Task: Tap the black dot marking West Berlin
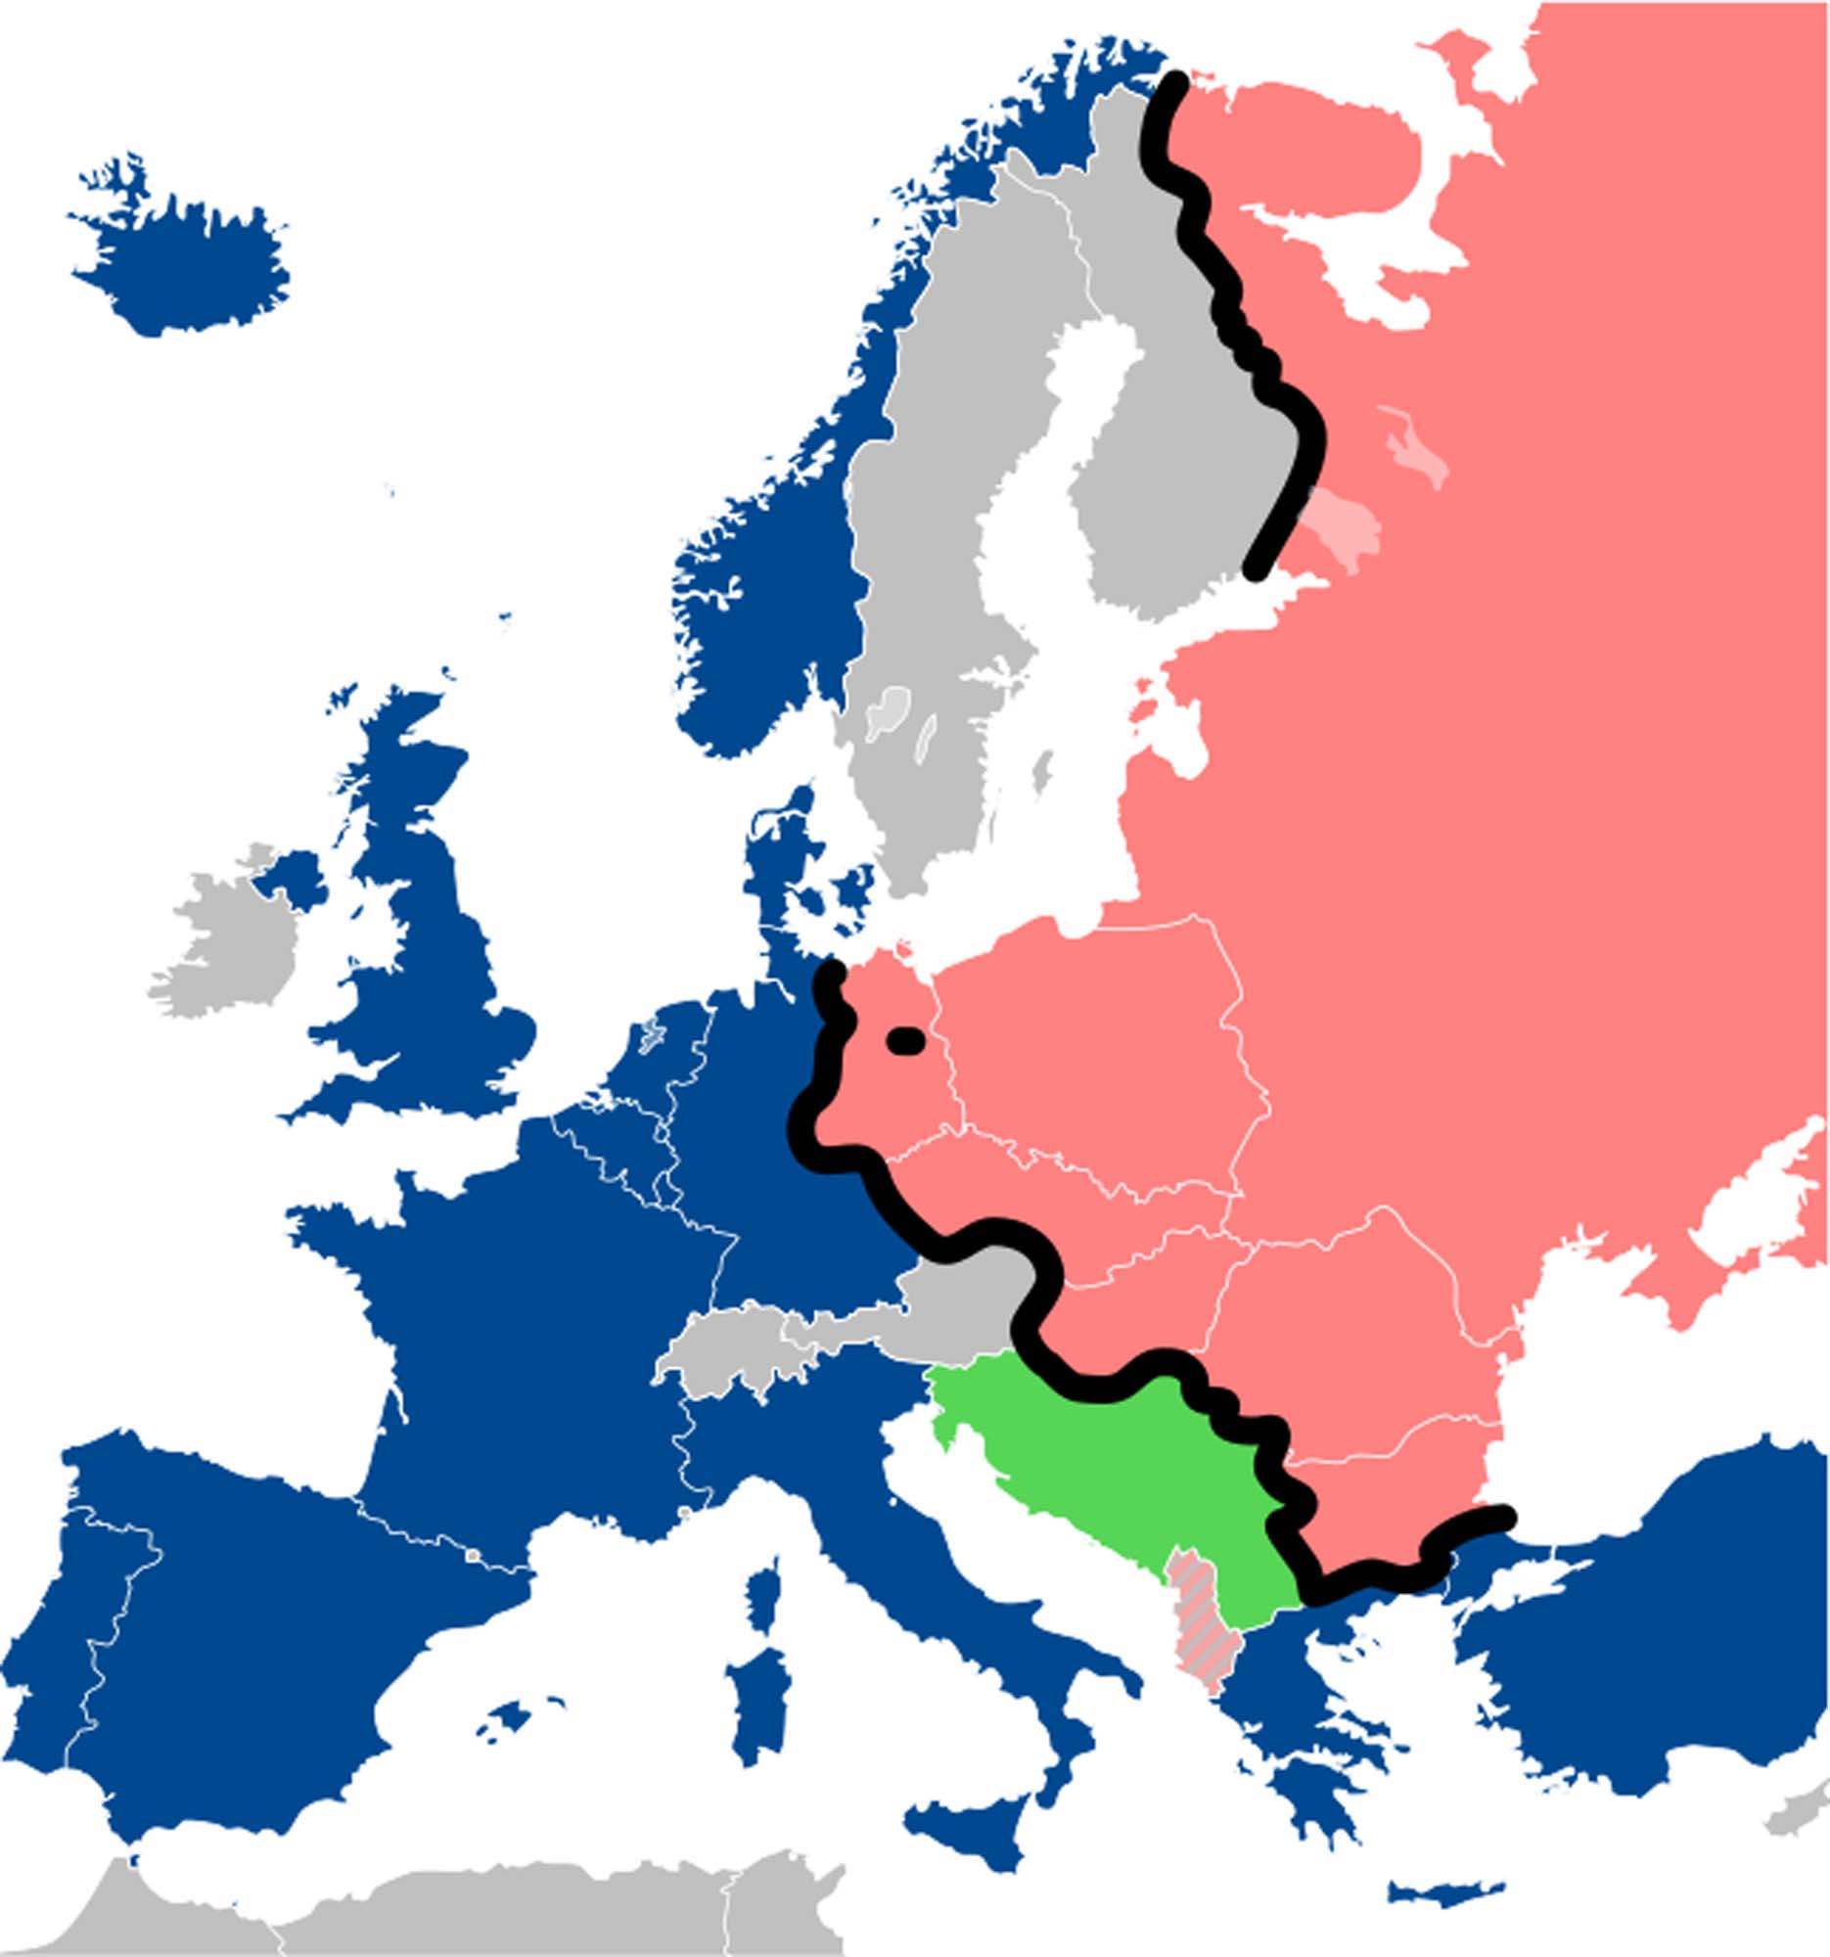[x=905, y=1040]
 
